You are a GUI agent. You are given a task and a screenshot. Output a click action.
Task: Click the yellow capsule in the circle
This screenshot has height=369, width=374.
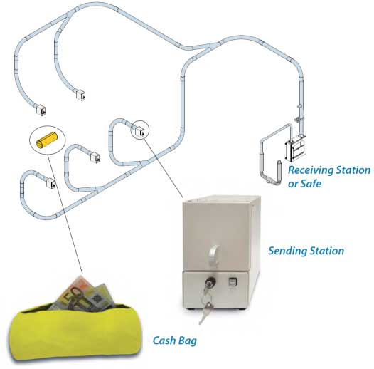(47, 140)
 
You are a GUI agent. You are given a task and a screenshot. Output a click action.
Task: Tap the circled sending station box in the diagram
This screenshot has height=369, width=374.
(140, 131)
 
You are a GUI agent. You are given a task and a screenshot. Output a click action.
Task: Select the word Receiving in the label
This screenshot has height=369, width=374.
(311, 170)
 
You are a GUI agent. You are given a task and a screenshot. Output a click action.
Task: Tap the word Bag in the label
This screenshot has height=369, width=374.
(187, 341)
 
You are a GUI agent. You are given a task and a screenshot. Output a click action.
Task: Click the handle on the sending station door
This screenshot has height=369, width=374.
(214, 255)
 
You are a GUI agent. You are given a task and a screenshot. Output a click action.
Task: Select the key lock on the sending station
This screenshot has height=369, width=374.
(210, 281)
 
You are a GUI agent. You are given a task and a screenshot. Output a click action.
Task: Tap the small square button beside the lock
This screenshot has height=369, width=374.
(232, 282)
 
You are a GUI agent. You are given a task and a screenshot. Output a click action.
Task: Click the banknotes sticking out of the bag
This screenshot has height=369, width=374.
(82, 294)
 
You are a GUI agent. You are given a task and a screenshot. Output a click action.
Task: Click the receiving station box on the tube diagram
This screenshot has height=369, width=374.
(296, 148)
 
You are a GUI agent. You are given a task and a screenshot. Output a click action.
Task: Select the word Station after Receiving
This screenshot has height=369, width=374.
(353, 170)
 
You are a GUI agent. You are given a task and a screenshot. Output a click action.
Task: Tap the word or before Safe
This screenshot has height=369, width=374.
(293, 184)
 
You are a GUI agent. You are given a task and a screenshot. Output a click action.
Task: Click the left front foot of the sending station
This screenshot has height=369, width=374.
(191, 309)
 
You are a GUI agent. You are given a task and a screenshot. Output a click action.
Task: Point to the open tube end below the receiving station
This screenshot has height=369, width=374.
(279, 162)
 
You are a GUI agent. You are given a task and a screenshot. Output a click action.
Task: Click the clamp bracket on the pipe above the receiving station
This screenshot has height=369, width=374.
(299, 119)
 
